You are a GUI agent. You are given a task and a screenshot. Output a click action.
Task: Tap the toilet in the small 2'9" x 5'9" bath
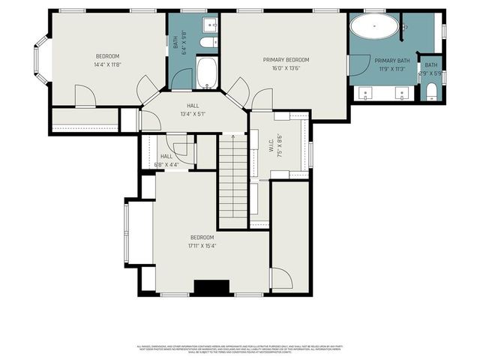tap(431, 93)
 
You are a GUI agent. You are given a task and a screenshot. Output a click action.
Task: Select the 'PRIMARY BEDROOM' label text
tap(286, 60)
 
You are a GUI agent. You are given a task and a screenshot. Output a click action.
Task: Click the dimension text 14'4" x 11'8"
tap(107, 65)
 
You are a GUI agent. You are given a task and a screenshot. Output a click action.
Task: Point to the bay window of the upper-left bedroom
tap(40, 62)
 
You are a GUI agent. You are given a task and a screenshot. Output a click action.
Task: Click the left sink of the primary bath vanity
tap(367, 94)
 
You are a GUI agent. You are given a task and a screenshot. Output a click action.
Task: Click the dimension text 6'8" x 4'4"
tap(166, 164)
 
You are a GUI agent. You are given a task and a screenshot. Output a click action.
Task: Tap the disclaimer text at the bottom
tap(240, 349)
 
